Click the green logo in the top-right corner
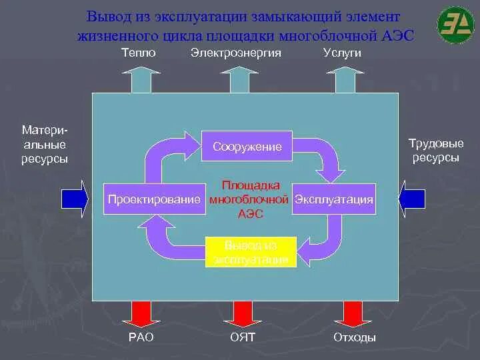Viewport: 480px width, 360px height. tap(455, 24)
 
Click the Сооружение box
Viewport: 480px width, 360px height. tap(247, 147)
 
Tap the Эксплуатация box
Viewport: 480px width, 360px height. tap(334, 199)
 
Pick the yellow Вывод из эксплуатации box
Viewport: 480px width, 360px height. tap(247, 252)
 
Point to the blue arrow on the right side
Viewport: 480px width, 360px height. tap(412, 198)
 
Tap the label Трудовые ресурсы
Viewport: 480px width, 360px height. tap(435, 150)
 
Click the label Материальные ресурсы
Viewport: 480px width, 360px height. tap(45, 143)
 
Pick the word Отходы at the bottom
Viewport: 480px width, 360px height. tap(354, 337)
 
